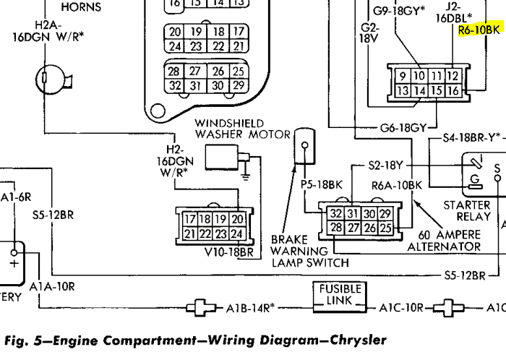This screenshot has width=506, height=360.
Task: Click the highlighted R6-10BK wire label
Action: (x=479, y=30)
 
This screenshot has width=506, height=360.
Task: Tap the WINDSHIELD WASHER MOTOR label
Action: (x=242, y=129)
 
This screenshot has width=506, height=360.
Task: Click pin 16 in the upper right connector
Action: (x=453, y=90)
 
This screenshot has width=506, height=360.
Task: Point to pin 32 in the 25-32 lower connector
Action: (x=336, y=214)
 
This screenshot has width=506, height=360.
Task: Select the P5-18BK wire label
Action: (x=320, y=184)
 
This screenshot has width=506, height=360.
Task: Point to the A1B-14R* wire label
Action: (x=249, y=307)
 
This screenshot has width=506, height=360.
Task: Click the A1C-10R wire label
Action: (x=402, y=307)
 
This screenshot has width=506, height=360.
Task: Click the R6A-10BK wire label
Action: (x=396, y=185)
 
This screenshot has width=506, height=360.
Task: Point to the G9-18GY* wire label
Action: (x=399, y=11)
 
